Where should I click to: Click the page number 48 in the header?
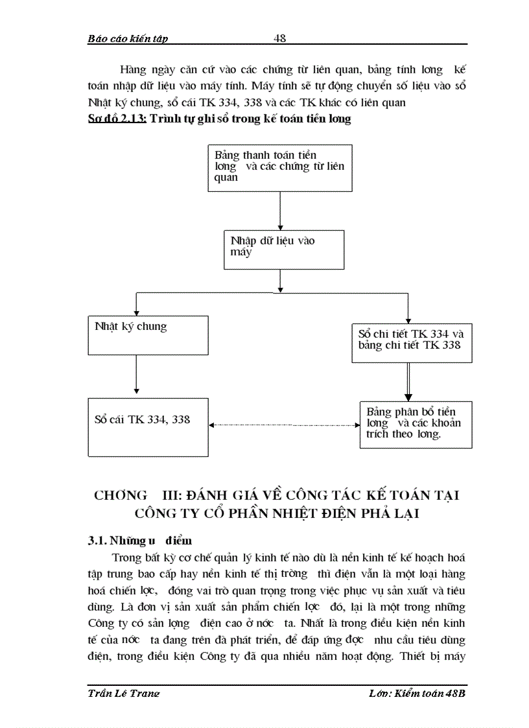click(x=280, y=38)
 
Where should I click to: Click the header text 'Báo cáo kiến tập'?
click(x=128, y=39)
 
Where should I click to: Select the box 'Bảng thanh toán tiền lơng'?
click(x=279, y=167)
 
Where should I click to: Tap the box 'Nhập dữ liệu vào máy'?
click(x=283, y=249)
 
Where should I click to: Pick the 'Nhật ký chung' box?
click(x=148, y=335)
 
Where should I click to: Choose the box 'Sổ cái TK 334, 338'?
click(x=148, y=427)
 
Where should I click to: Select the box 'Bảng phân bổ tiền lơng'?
click(x=416, y=424)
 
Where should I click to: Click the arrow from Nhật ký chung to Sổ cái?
click(x=136, y=374)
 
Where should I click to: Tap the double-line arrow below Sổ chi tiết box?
click(x=408, y=381)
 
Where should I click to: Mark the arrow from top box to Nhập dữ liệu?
click(x=279, y=210)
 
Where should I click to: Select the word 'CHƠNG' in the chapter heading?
click(x=121, y=496)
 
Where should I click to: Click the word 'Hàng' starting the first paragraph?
click(x=132, y=70)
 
